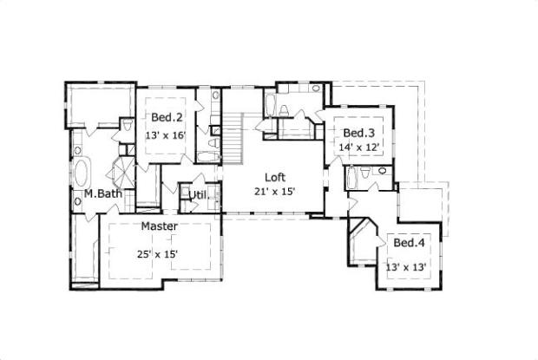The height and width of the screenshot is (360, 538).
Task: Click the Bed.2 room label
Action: pyautogui.click(x=167, y=118)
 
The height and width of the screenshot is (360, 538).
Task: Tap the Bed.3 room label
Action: pyautogui.click(x=358, y=133)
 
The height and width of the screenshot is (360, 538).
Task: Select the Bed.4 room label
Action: pyautogui.click(x=407, y=244)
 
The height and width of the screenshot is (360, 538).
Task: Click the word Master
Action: pyautogui.click(x=160, y=226)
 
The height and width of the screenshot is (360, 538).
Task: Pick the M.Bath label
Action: pyautogui.click(x=89, y=194)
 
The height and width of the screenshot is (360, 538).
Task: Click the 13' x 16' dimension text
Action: pyautogui.click(x=167, y=135)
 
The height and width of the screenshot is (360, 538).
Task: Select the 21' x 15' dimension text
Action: pyautogui.click(x=275, y=192)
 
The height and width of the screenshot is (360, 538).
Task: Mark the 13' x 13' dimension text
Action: pyautogui.click(x=406, y=267)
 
